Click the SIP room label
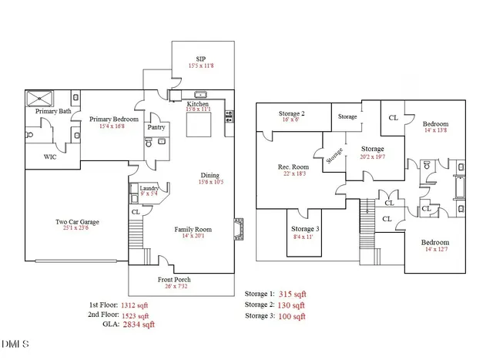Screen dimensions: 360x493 point(200,59)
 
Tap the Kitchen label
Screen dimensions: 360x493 point(198,104)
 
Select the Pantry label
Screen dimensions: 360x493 point(156,127)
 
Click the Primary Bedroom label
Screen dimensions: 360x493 point(113,119)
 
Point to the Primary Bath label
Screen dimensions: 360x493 point(54,112)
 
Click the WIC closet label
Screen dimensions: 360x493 point(51,156)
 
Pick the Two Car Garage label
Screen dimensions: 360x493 point(77,222)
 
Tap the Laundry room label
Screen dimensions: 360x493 point(148,187)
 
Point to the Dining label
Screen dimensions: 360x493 point(210,175)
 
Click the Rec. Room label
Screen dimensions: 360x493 point(293,167)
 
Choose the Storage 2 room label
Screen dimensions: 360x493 point(291,114)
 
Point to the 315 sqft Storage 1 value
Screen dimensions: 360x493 point(290,294)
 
